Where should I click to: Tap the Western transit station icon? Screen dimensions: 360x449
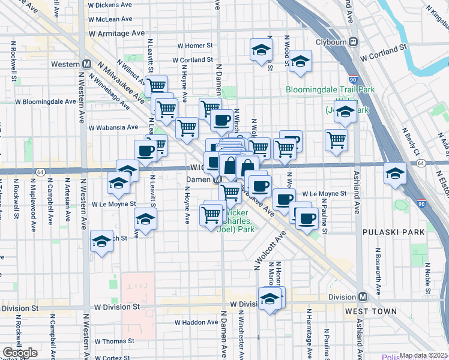(87, 64)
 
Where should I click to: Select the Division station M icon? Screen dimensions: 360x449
(363, 297)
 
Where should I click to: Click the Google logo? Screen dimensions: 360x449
(20, 353)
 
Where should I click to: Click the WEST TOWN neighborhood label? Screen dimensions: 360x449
(370, 311)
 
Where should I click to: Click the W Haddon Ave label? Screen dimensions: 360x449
(196, 322)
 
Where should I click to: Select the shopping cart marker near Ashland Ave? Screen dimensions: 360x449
(337, 139)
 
